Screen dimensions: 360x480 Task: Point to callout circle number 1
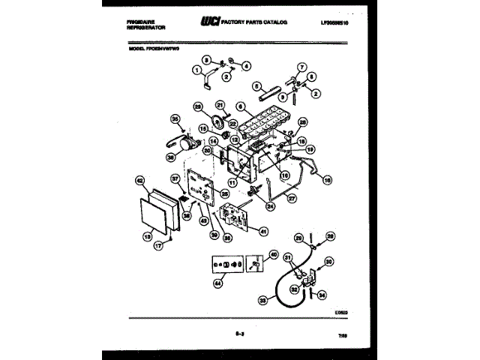(197, 70)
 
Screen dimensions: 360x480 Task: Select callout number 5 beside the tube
(256, 86)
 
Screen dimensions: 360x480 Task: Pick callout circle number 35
(176, 118)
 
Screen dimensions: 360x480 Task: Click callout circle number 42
(139, 180)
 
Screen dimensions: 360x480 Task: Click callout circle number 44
(219, 283)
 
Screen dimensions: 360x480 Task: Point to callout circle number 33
(262, 301)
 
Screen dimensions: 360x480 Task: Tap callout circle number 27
(292, 198)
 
